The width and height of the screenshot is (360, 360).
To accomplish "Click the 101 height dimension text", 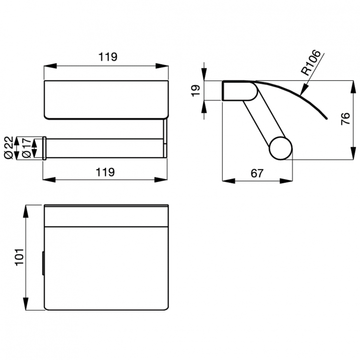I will point(18,258).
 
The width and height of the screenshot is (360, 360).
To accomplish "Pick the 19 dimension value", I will point(195,91).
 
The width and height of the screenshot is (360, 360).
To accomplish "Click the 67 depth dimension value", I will point(257,173).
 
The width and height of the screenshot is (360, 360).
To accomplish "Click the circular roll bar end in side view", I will point(280,148).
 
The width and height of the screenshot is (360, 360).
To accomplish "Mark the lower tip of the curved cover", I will point(325,117).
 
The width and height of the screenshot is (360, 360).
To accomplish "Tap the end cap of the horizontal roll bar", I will point(44,148).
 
